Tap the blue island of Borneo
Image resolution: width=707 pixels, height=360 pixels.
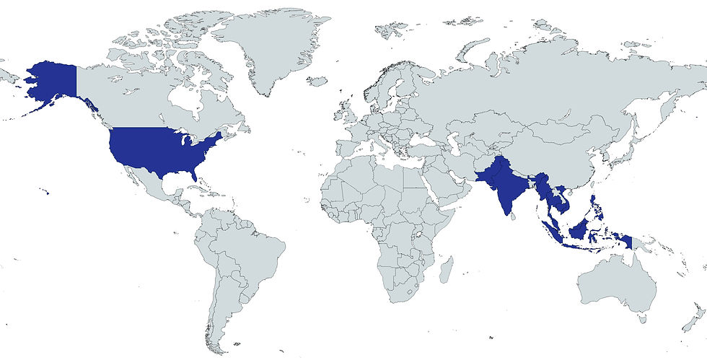pos(580,231)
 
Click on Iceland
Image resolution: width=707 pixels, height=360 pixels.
pos(317,82)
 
